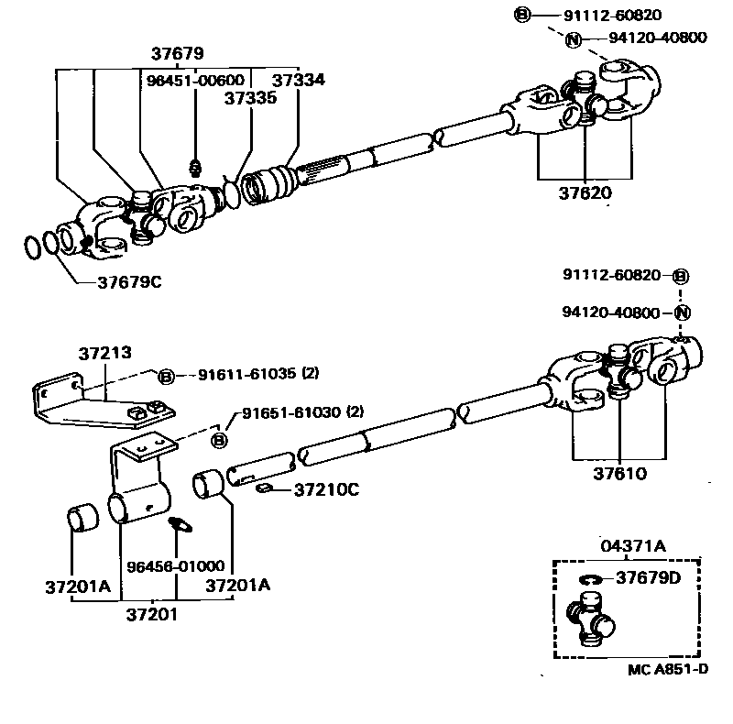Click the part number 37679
click(180, 54)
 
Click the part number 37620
click(585, 193)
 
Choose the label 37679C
click(129, 281)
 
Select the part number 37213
click(104, 351)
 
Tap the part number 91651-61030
click(290, 412)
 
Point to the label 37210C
click(326, 489)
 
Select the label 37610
click(619, 474)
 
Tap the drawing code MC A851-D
click(667, 669)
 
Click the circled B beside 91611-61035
click(166, 376)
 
